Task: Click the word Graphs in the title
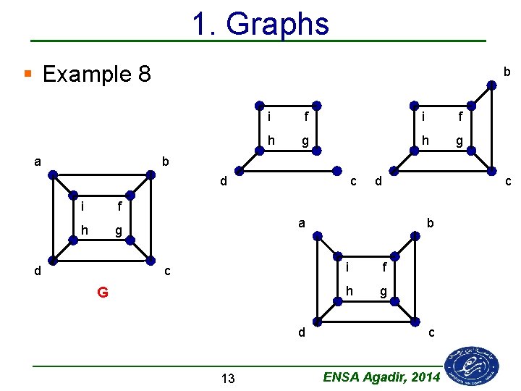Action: tap(278, 24)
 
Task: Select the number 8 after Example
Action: tap(143, 74)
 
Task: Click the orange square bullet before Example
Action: tap(27, 74)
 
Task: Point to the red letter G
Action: tap(103, 293)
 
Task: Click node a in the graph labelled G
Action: tap(53, 174)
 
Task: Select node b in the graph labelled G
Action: tap(151, 174)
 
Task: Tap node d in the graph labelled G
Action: tap(53, 261)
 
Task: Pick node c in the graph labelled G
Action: tap(151, 261)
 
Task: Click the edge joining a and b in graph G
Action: tap(102, 174)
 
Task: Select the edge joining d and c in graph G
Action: tap(102, 261)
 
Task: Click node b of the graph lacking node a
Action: tap(492, 85)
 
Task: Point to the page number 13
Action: tap(228, 378)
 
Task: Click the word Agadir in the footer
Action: tap(381, 377)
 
